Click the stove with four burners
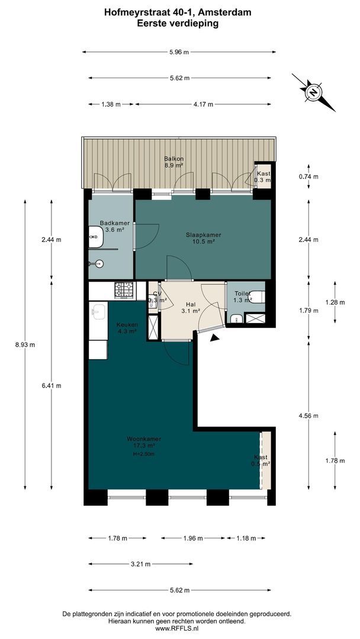124,290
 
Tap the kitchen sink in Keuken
98,311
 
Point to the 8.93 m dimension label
25,345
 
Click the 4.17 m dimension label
203,104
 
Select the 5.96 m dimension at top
179,52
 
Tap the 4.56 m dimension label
308,415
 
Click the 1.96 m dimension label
192,538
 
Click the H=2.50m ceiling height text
144,454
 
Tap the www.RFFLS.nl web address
179,628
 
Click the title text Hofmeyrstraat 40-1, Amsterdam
178,11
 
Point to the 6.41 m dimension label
52,385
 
